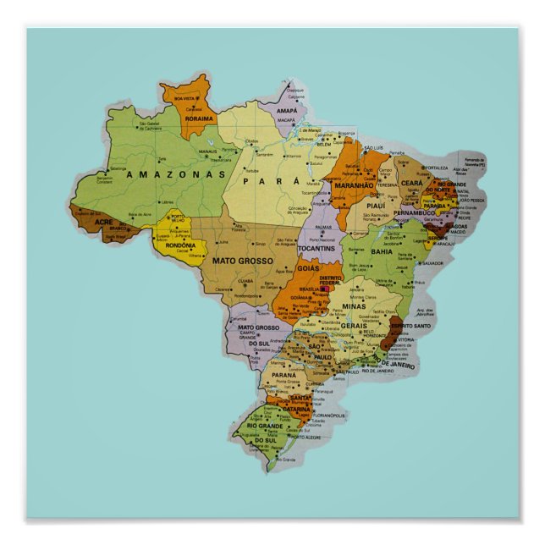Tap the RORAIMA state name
pyautogui.click(x=200, y=120)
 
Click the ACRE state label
pyautogui.click(x=103, y=222)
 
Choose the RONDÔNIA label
pyautogui.click(x=180, y=245)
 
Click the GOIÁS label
pyautogui.click(x=308, y=267)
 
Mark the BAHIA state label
pyautogui.click(x=381, y=251)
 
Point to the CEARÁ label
pyautogui.click(x=412, y=183)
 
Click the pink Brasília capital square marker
pyautogui.click(x=323, y=289)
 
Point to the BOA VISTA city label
pyautogui.click(x=184, y=98)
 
